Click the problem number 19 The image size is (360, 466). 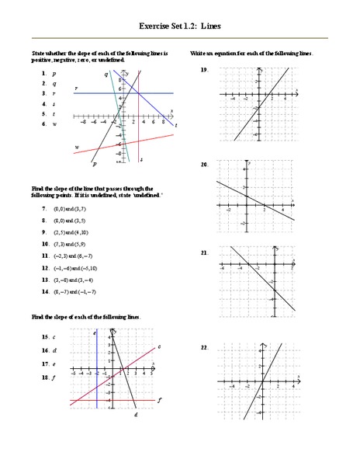point(204,70)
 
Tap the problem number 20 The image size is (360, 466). point(204,165)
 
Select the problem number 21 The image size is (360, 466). point(204,253)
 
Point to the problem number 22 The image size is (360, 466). point(204,347)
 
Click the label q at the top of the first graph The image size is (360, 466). point(106,74)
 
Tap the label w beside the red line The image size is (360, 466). point(77,146)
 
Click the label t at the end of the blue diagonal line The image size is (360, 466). point(176,125)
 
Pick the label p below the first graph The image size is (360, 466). point(94,164)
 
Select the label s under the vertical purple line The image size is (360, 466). point(140,159)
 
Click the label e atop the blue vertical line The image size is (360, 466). point(94,332)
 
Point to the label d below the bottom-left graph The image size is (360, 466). point(135,415)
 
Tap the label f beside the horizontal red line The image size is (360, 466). point(159,399)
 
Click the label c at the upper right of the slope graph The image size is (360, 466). point(158,347)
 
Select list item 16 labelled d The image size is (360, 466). point(47,350)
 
